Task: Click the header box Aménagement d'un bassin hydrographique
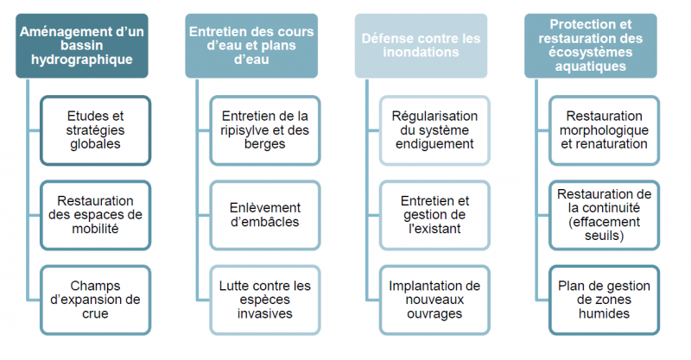coord(82,46)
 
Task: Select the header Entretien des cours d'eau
coord(251,46)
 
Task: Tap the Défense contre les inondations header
coord(421,46)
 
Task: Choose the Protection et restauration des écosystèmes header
coord(591,46)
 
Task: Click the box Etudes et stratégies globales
coord(95,130)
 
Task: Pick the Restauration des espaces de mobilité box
coord(95,215)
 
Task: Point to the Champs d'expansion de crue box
coord(95,300)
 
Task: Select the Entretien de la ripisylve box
coord(265,130)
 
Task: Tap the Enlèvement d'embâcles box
coord(265,215)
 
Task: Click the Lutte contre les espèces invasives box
coord(265,300)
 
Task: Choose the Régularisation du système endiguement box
coord(434,130)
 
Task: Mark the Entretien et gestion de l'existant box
coord(434,215)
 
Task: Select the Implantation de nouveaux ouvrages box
coord(434,300)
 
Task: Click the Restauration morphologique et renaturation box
coord(604,130)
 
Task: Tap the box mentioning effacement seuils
coord(604,215)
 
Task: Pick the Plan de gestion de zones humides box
coord(604,300)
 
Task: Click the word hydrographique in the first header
coord(82,60)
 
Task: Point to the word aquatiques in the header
coord(591,66)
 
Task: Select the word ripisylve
coord(246,130)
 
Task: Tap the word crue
coord(95,313)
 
